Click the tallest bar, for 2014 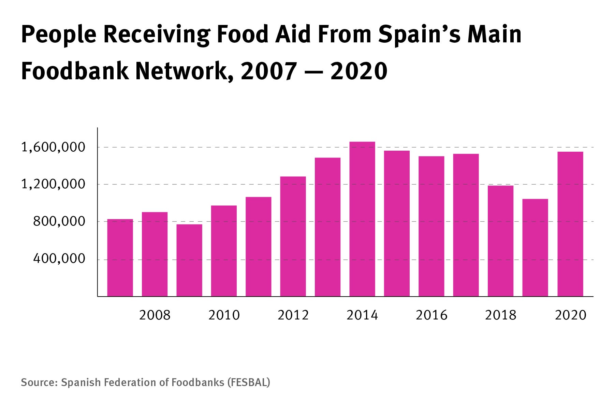[362, 219]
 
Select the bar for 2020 [570, 224]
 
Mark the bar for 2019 [535, 248]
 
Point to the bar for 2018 [500, 241]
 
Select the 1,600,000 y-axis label [53, 148]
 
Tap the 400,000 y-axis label [59, 259]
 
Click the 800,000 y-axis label [59, 222]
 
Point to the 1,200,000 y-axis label [53, 184]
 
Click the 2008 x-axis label [155, 315]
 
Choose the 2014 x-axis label [362, 315]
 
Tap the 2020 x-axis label [571, 315]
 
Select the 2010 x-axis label [224, 315]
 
